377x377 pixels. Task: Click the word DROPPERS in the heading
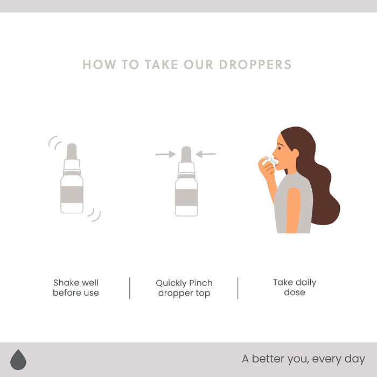coord(255,65)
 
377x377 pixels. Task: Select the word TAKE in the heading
coord(162,65)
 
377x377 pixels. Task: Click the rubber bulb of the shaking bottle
coord(72,151)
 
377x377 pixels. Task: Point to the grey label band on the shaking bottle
coord(72,194)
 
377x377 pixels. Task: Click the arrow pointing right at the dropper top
coord(165,154)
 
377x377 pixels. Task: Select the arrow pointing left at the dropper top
coord(206,154)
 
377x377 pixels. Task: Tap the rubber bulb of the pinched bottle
coord(186,155)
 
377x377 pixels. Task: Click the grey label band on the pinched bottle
coord(186,198)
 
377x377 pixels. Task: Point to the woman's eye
coord(280,148)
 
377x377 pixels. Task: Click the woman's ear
coord(295,154)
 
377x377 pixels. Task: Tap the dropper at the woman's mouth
coord(270,160)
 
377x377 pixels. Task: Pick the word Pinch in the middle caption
coord(201,283)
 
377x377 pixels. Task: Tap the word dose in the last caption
coord(295,292)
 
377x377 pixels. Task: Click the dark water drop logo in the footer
coord(18,360)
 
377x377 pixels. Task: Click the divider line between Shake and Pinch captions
coord(130,288)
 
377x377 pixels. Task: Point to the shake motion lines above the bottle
coord(55,143)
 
